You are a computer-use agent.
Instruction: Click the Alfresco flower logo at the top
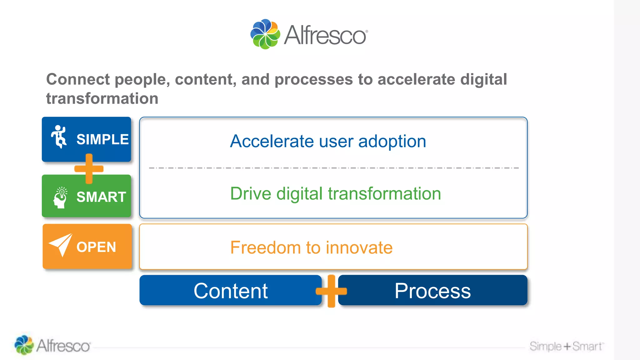(265, 34)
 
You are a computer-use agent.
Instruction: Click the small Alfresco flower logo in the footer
(24, 345)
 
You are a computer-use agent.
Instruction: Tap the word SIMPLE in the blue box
(102, 139)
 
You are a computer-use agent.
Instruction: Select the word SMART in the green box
(101, 197)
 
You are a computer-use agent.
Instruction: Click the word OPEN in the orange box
(96, 247)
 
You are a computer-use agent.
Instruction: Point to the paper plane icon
(61, 245)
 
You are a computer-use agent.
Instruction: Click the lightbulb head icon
(60, 197)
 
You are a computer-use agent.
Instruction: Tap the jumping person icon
(59, 137)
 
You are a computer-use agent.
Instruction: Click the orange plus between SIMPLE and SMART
(89, 169)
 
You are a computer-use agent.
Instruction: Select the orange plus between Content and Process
(331, 291)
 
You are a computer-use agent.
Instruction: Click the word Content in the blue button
(231, 291)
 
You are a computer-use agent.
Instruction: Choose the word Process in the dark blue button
(432, 291)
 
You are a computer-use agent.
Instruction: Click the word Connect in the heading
(78, 79)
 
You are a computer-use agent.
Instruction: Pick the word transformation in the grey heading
(102, 99)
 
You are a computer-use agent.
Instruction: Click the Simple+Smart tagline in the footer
(566, 346)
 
